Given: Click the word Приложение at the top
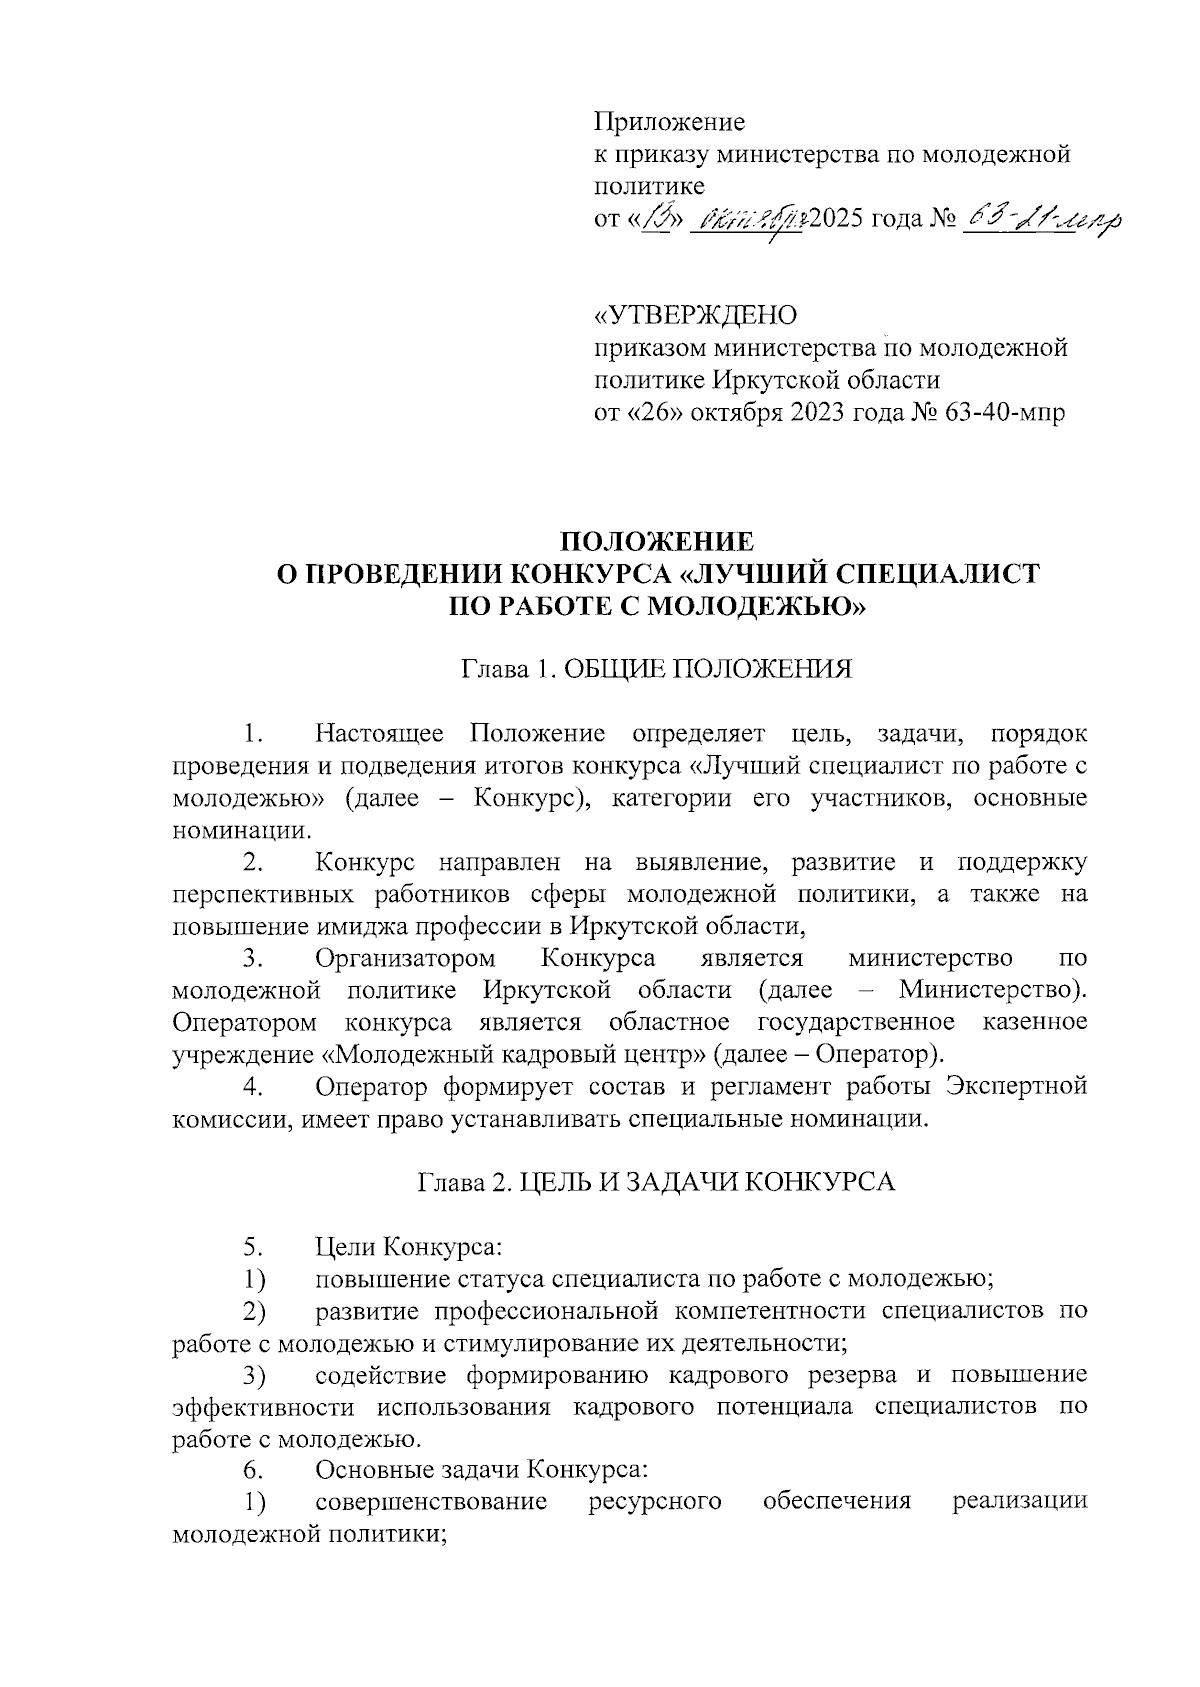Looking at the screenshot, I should point(669,124).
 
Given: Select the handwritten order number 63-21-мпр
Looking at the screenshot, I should point(1040,218).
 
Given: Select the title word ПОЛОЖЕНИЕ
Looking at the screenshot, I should point(656,542).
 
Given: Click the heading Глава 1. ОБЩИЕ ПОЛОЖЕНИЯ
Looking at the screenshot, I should point(656,669).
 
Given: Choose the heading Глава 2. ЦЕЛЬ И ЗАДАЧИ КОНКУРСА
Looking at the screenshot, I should point(656,1182).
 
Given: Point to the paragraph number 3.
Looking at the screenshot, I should point(253,958).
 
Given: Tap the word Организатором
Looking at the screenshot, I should point(405,958).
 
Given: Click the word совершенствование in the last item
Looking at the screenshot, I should point(430,1502).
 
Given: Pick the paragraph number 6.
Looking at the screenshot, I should point(253,1470).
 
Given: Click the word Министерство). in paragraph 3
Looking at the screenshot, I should point(992,990).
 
